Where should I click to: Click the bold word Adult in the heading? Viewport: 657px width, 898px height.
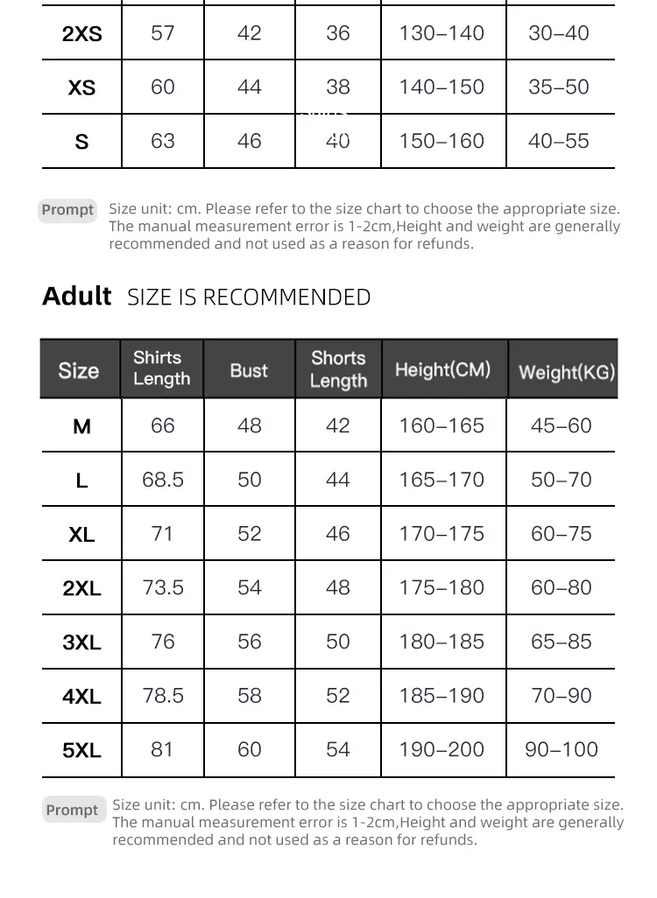coord(77,296)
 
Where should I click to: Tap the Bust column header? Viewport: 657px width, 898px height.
coord(249,370)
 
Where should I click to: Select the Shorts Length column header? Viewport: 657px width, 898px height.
coord(338,369)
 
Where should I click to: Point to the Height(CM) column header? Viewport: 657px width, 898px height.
coord(442,369)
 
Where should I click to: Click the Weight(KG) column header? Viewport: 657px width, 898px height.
coord(567,371)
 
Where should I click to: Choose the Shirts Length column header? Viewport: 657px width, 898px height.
coord(161,368)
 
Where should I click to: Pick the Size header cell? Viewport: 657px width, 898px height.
coord(79,370)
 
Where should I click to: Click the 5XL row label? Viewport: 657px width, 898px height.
coord(81,750)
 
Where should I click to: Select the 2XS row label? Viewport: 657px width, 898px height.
coord(81,34)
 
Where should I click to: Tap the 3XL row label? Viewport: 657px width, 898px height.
coord(81,642)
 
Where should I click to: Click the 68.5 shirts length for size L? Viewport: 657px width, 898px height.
coord(163,480)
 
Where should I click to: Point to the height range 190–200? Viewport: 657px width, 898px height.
coord(442,749)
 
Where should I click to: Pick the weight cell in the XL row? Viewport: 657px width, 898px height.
coord(561,534)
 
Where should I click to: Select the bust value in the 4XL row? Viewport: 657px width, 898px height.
coord(250,696)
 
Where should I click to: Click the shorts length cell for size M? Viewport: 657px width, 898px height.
coord(338,426)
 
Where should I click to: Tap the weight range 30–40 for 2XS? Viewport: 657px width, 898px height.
coord(559,33)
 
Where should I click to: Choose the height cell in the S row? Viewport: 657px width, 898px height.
coord(442,141)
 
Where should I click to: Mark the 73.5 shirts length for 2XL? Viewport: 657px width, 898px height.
coord(163,587)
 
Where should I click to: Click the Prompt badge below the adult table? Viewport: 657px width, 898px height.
coord(72,810)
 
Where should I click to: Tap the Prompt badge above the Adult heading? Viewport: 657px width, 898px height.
coord(67,210)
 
